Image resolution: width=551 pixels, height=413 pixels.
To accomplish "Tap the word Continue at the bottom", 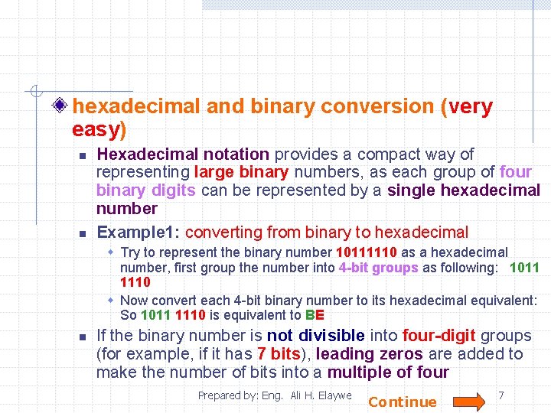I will click(x=403, y=402).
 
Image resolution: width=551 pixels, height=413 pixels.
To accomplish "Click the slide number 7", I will click(x=500, y=395).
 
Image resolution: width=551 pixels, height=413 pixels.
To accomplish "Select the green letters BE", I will click(x=315, y=315).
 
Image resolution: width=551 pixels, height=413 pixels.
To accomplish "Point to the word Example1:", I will click(x=139, y=233).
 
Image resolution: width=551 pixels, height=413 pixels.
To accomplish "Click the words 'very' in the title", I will click(x=470, y=107).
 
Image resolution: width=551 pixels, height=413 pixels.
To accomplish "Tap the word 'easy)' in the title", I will click(x=99, y=129).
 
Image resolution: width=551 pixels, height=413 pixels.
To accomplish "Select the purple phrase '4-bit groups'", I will click(x=378, y=268).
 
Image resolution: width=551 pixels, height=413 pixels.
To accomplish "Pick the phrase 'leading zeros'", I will click(x=369, y=354).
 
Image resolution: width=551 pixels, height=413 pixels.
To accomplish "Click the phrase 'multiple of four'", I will click(x=388, y=372).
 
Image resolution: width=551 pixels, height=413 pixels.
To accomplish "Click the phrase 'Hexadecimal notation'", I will click(x=183, y=154).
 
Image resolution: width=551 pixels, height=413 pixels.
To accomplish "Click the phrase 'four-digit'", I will click(x=433, y=336).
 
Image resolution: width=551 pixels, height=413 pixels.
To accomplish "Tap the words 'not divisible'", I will click(x=316, y=336).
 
